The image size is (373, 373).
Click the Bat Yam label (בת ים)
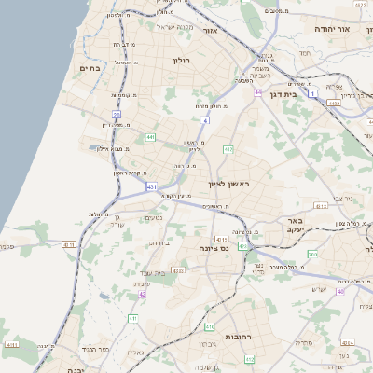point(90,68)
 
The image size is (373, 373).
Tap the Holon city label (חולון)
point(181,61)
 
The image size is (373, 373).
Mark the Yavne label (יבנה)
point(75,369)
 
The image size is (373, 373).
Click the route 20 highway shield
point(117,115)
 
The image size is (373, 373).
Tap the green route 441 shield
point(150,137)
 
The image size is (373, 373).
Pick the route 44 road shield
point(257,93)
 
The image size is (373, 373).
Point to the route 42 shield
point(142,294)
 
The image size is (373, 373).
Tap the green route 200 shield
point(311,254)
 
